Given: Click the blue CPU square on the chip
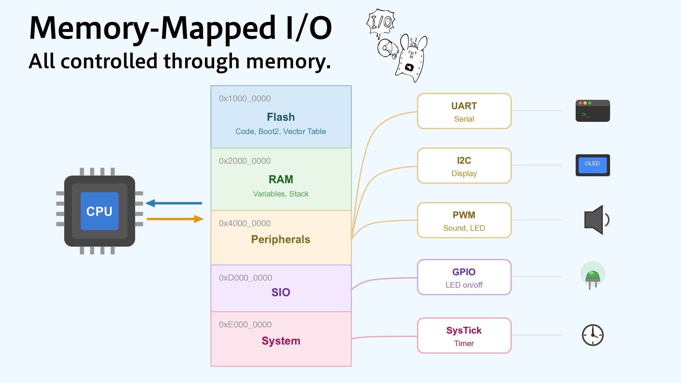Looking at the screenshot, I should click(99, 211).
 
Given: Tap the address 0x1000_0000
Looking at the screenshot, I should click(245, 99).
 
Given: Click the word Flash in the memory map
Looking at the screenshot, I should click(281, 117).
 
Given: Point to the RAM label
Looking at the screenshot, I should click(281, 179).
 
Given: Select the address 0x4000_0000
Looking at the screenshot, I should click(245, 223).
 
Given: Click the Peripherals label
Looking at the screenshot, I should click(281, 239).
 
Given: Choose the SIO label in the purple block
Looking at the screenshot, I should click(281, 292).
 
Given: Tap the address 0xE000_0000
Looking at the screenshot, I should click(245, 324).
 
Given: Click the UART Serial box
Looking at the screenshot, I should click(464, 111).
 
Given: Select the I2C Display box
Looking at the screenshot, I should click(464, 166).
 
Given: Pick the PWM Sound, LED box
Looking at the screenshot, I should click(464, 220).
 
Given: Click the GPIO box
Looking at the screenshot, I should click(464, 277).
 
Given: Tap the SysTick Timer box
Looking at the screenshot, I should click(464, 335).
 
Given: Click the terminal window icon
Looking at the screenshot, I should click(592, 111).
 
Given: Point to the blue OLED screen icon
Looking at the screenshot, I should click(592, 165).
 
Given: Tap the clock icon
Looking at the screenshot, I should click(593, 335).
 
